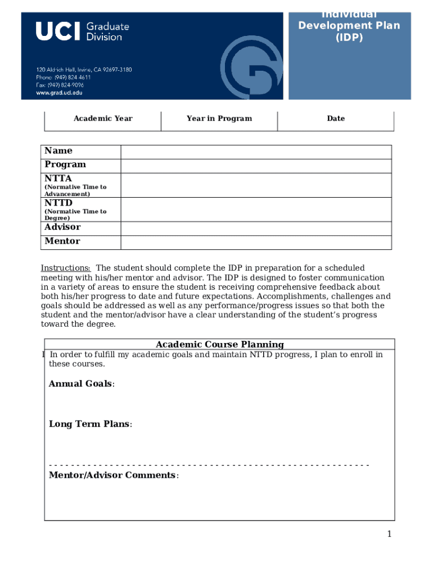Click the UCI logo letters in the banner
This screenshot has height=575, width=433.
pos(58,31)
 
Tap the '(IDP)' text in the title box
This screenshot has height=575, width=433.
pos(349,38)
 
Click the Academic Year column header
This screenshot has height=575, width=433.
pos(103,118)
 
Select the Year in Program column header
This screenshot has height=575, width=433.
pos(219,118)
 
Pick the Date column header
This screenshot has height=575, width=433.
pos(336,118)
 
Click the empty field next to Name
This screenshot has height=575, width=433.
pos(256,152)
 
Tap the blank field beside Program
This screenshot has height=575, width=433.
pos(256,166)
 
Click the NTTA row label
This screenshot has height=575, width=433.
pos(58,179)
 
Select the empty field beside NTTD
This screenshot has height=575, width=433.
pos(256,209)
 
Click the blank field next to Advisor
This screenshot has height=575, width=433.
pos(256,228)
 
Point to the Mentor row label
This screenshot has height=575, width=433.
pos(62,241)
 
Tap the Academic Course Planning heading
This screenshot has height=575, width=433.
pos(219,344)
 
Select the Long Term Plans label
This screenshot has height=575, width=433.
pos(89,424)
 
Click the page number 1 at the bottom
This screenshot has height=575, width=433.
pos(389,534)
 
